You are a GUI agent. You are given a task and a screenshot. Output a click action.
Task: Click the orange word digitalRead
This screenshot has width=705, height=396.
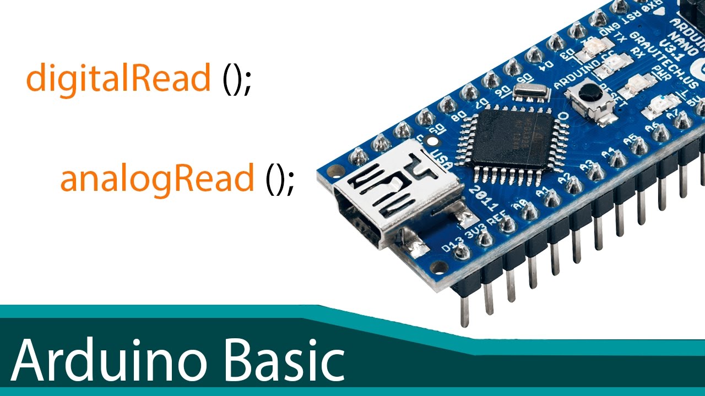coord(118,79)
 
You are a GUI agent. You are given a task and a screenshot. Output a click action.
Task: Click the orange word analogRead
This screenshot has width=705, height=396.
coord(157,178)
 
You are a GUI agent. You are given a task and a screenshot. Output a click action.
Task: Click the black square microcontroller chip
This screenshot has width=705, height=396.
coord(512,137)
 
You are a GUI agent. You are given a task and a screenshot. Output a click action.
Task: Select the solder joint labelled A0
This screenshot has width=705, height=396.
coord(529,212)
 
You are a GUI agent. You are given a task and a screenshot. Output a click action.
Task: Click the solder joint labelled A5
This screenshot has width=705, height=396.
coord(639,146)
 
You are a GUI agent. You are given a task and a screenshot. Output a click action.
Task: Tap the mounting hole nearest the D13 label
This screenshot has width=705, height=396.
coord(439,268)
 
